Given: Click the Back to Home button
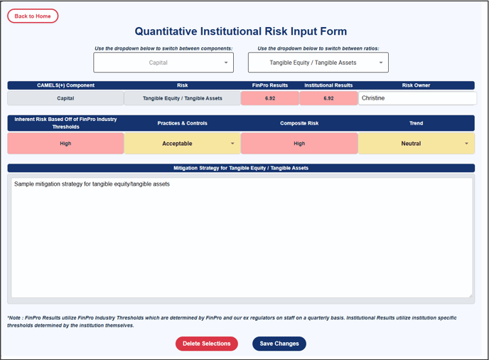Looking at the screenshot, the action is (x=33, y=16).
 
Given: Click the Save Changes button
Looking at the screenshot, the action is (x=279, y=344).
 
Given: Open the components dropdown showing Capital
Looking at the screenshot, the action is (x=163, y=63).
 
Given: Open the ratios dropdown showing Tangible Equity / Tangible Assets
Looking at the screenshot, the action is (x=318, y=63).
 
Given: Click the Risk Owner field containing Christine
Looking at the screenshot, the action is (x=417, y=98).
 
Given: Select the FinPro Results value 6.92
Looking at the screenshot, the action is (x=270, y=98).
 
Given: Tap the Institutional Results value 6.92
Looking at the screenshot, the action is (x=328, y=98).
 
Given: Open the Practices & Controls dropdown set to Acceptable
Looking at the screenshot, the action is (x=183, y=143).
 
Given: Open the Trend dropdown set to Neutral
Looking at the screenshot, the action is (x=417, y=143).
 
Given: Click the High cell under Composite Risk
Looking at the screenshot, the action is (x=299, y=143).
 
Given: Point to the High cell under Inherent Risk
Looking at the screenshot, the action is (x=65, y=143).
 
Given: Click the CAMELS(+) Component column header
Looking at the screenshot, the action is (x=65, y=85).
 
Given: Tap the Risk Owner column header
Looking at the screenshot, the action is (x=416, y=85).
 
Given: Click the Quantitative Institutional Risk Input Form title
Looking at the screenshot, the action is (x=241, y=31).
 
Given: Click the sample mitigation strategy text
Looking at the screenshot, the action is (x=92, y=184).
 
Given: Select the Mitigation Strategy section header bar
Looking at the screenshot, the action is (x=241, y=168).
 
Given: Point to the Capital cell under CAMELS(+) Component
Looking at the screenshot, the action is (x=65, y=98).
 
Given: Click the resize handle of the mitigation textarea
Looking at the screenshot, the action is (x=470, y=295).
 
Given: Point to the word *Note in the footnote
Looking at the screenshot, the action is (x=14, y=318).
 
